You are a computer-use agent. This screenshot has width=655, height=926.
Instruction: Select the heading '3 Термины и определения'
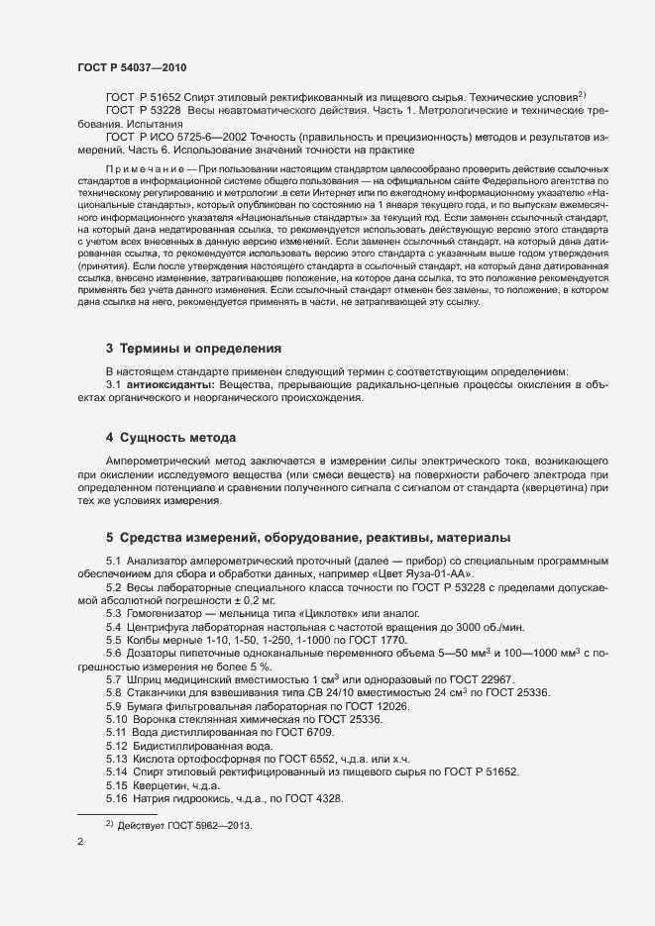coord(193,349)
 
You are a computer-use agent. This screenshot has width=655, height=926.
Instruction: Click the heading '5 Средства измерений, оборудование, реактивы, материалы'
coord(308,538)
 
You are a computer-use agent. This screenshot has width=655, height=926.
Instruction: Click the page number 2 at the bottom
coord(80,844)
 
